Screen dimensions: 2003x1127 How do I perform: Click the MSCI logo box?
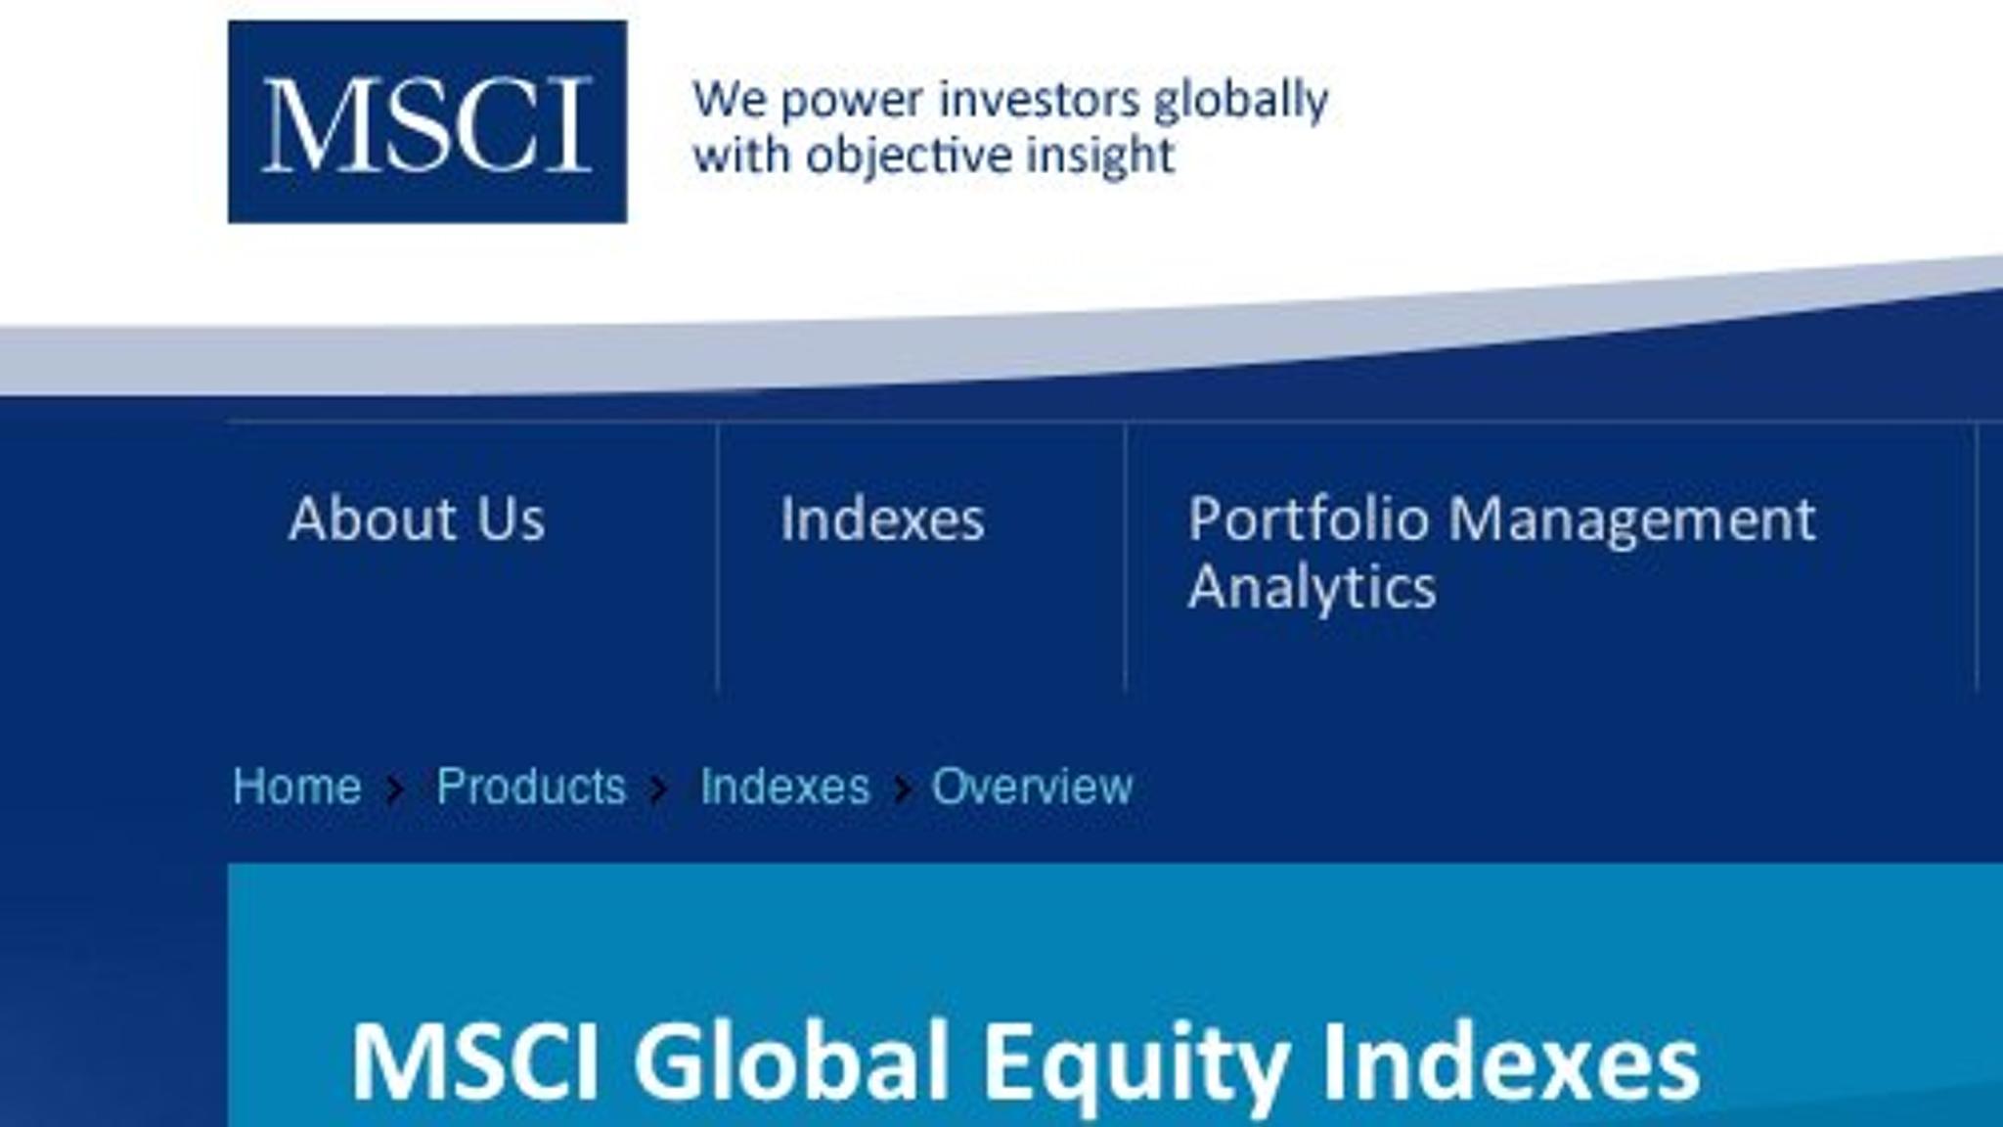[x=427, y=121]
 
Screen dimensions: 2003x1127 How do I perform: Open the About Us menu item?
[x=417, y=518]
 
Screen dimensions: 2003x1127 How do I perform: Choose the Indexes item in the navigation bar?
[x=882, y=518]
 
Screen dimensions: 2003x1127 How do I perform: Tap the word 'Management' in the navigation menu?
[x=1631, y=520]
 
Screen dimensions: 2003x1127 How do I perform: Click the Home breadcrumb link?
[x=296, y=787]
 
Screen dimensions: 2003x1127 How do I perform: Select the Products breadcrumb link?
[x=531, y=787]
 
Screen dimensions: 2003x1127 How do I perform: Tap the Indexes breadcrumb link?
[x=784, y=787]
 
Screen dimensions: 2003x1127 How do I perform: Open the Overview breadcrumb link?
[x=1032, y=787]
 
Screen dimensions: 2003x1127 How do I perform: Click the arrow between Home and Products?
[x=395, y=789]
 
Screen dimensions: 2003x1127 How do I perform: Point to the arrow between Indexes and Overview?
[x=902, y=789]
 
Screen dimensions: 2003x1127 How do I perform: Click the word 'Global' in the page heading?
[x=790, y=1062]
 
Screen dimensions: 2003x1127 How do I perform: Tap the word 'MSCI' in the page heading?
[x=474, y=1062]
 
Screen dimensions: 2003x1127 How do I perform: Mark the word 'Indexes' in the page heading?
[x=1511, y=1062]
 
